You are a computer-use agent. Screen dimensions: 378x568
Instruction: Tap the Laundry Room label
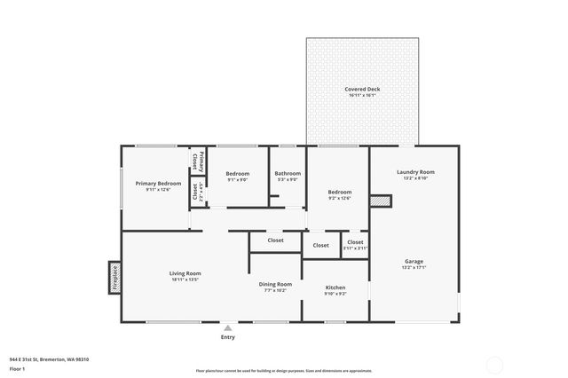coord(414,172)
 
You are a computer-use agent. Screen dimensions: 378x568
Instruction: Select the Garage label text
coord(414,261)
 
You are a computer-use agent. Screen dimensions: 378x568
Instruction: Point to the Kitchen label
coord(335,287)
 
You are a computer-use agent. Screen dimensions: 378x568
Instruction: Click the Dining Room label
coord(275,284)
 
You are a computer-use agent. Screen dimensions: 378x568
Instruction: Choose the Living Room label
coord(185,273)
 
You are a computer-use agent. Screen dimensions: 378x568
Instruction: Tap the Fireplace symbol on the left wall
coord(114,276)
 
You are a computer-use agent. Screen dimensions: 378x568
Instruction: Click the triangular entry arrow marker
coord(227,327)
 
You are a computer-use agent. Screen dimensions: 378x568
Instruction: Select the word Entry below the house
coord(227,337)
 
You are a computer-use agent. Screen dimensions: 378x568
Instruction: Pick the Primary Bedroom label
coord(158,183)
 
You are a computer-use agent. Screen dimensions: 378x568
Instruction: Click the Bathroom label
coord(288,173)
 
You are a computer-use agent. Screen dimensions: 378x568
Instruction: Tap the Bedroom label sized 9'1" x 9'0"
coord(237,173)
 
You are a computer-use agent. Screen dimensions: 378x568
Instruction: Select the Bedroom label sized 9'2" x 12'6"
coord(339,192)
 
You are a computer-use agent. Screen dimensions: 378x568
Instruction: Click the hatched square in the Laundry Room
coord(380,201)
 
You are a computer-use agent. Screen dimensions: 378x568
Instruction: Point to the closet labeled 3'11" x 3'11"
coord(354,242)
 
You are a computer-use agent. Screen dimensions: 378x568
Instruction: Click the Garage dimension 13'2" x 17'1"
coord(414,267)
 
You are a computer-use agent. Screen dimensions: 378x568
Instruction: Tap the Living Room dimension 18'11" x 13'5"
coord(185,280)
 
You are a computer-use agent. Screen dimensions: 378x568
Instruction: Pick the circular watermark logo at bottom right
coord(494,365)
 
